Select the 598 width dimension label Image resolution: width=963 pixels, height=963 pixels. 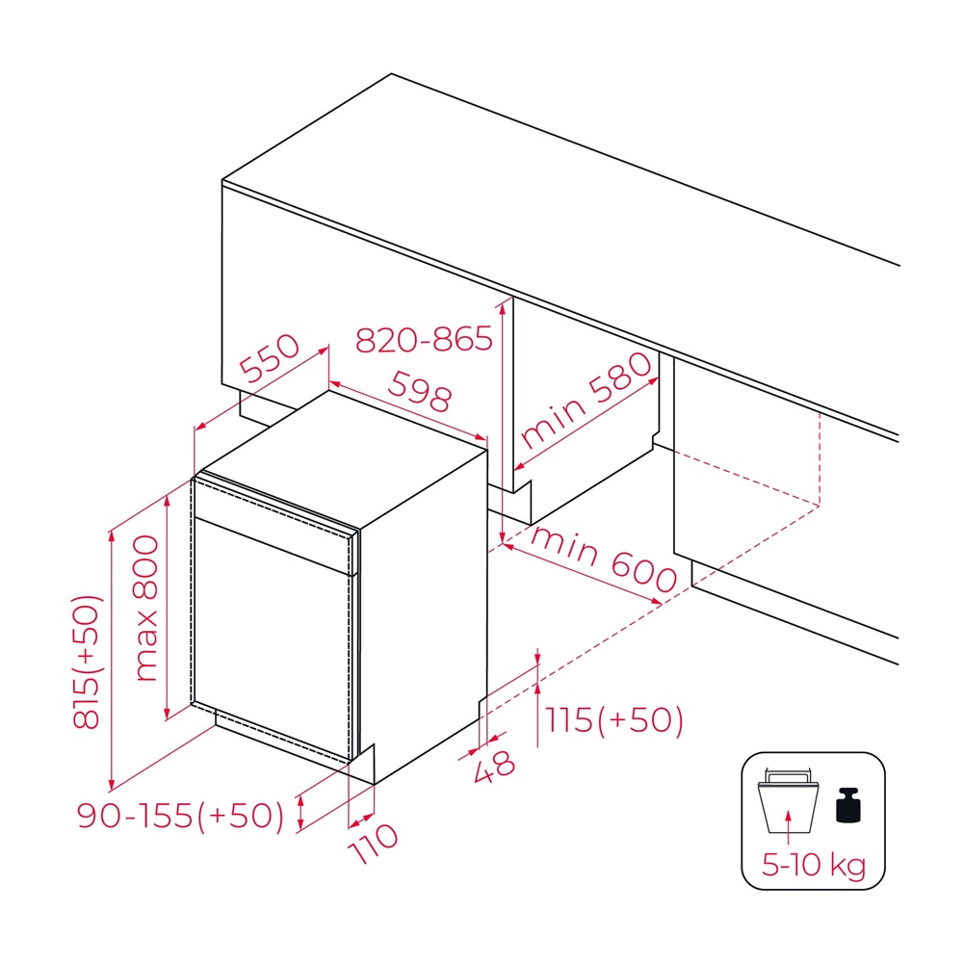click(x=420, y=392)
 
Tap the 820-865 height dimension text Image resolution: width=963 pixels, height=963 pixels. click(x=424, y=340)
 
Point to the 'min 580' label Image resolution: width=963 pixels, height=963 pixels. click(x=586, y=400)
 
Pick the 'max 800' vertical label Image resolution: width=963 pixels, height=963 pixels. click(x=146, y=608)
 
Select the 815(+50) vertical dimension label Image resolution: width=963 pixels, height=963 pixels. click(x=86, y=663)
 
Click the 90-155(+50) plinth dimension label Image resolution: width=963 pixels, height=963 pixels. click(x=181, y=816)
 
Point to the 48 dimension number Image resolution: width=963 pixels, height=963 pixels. click(x=494, y=768)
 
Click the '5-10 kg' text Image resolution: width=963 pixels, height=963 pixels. click(x=814, y=865)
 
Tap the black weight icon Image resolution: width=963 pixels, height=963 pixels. click(x=848, y=805)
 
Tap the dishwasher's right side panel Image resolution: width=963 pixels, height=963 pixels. click(x=424, y=614)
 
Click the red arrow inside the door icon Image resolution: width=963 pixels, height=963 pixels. click(x=789, y=826)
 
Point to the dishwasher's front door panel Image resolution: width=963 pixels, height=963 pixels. click(x=273, y=638)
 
